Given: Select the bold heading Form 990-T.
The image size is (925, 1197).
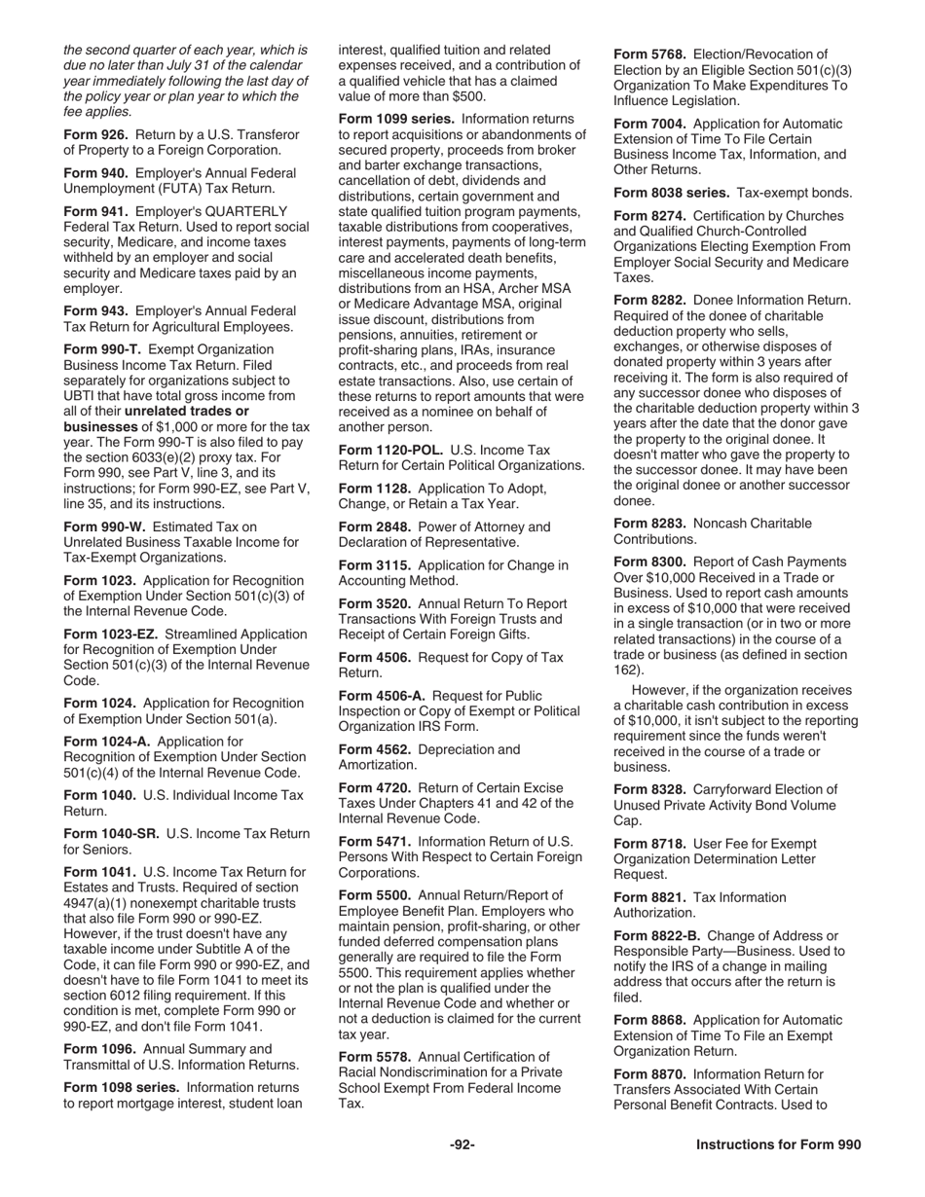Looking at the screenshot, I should [x=102, y=349].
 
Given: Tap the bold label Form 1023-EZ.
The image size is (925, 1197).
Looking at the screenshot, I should [x=111, y=635].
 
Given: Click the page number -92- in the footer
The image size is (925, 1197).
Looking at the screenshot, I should [x=462, y=1145].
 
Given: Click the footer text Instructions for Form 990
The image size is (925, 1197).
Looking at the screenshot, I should [x=778, y=1145].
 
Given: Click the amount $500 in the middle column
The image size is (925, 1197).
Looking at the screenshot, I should [x=466, y=96].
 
